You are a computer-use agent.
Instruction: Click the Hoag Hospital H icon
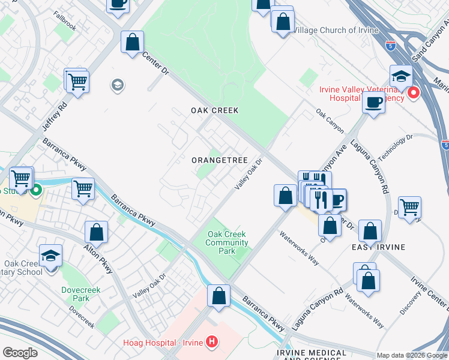coord(211,342)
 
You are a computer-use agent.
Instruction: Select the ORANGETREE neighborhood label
coord(220,160)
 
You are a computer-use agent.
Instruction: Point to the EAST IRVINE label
coord(379,247)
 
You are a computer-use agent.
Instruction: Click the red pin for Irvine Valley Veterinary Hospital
coord(413,94)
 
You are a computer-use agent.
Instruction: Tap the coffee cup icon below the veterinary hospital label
coord(373,103)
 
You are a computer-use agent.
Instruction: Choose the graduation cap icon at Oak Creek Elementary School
coord(51,256)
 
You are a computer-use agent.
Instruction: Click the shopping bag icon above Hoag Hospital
coord(219,296)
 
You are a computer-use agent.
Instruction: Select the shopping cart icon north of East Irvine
coord(409,208)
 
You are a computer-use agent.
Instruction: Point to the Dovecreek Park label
coord(75,293)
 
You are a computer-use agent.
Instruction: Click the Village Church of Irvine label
coord(336,30)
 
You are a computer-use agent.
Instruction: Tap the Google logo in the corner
coord(19,353)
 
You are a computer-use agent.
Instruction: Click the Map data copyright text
coord(412,355)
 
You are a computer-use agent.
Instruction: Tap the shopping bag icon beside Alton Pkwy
coord(96,232)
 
